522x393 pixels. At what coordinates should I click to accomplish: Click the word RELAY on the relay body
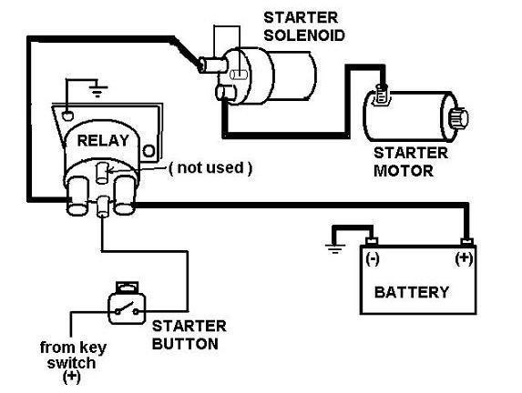pyautogui.click(x=103, y=141)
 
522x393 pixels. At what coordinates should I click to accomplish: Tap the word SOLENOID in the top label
pyautogui.click(x=304, y=35)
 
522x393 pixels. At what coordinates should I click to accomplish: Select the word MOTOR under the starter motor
pyautogui.click(x=404, y=171)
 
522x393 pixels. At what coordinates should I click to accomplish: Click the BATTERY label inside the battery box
pyautogui.click(x=412, y=292)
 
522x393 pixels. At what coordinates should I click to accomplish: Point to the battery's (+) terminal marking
pyautogui.click(x=464, y=258)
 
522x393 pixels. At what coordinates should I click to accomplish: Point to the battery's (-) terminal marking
pyautogui.click(x=373, y=258)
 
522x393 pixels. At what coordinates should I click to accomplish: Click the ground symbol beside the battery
pyautogui.click(x=335, y=248)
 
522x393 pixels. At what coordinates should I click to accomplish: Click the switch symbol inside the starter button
pyautogui.click(x=127, y=309)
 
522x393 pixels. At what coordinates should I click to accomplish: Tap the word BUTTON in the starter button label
pyautogui.click(x=185, y=344)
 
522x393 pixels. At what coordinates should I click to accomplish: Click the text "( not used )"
pyautogui.click(x=210, y=168)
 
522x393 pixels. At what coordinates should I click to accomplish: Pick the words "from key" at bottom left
pyautogui.click(x=73, y=348)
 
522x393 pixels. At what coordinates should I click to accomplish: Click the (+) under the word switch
pyautogui.click(x=72, y=377)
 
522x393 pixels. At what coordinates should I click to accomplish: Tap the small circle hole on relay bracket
pyautogui.click(x=148, y=151)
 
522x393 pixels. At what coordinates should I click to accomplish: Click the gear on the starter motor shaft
pyautogui.click(x=459, y=117)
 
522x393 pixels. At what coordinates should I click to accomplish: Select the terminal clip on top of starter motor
pyautogui.click(x=382, y=96)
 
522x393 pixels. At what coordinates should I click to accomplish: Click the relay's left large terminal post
pyautogui.click(x=78, y=196)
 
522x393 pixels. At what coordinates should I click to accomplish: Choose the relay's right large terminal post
pyautogui.click(x=125, y=196)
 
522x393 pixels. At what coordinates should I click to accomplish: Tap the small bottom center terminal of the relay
pyautogui.click(x=103, y=207)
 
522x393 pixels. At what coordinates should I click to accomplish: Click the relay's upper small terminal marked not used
pyautogui.click(x=102, y=173)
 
